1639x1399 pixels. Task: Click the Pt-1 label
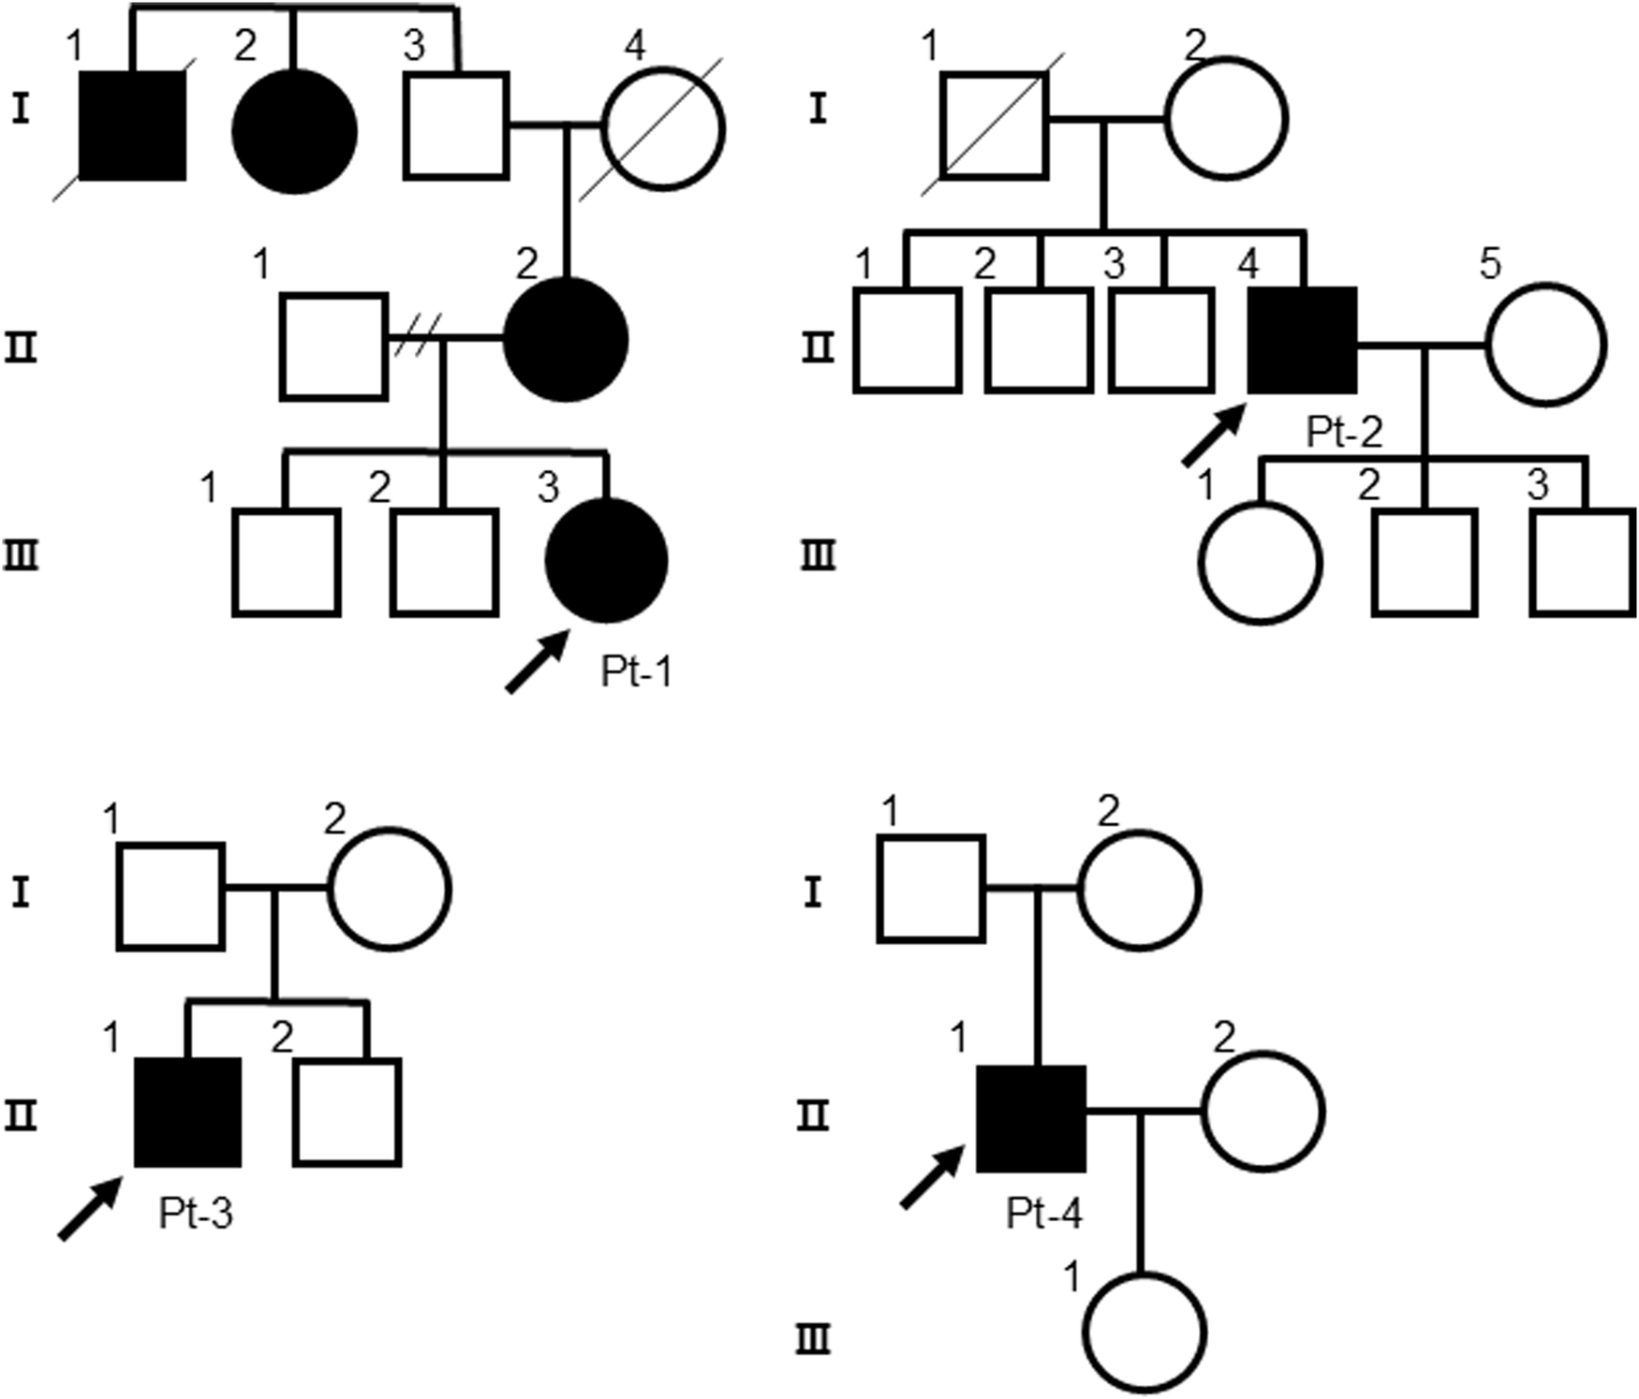point(636,672)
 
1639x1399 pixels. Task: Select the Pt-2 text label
point(1344,433)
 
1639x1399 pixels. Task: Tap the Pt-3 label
point(195,1214)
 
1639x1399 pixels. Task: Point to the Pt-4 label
point(1043,1214)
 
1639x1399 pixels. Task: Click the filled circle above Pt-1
point(606,561)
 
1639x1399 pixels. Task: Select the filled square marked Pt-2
point(1303,340)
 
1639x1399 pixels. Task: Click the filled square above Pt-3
point(188,1112)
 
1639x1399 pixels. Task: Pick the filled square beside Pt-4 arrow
point(1031,1118)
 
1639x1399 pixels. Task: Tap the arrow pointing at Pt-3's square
point(89,1209)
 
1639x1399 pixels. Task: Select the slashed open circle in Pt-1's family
point(663,128)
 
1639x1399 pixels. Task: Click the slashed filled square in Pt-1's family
point(132,125)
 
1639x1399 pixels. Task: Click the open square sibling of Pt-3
point(347,1112)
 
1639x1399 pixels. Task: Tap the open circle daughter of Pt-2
point(1260,562)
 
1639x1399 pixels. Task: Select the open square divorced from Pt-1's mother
point(334,346)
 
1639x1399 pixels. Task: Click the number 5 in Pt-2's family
point(1488,263)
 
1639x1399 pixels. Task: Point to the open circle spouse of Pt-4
point(1262,1112)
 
